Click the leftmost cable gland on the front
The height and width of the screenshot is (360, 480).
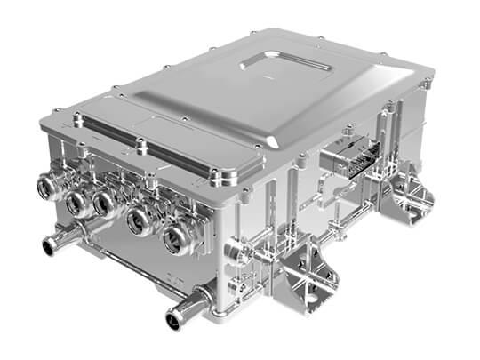[47, 187]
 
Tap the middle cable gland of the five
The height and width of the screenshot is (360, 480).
[104, 206]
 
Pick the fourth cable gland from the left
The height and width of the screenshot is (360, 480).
[139, 222]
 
